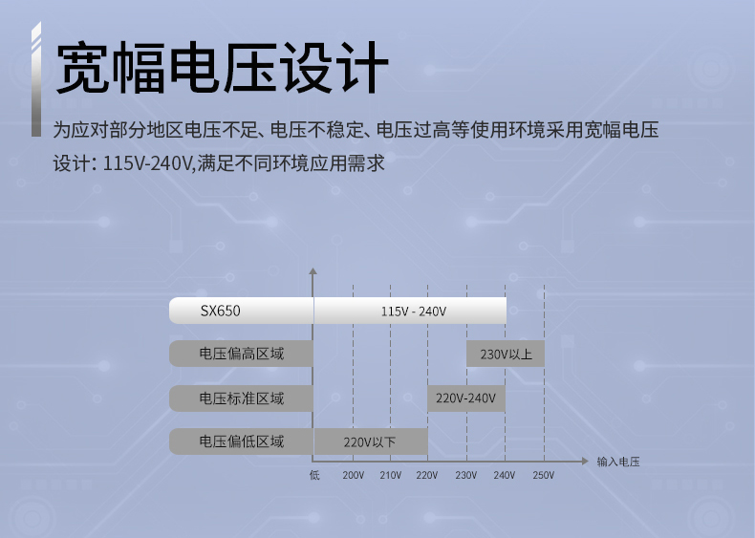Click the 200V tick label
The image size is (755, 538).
tap(353, 475)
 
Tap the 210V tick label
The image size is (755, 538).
tap(390, 475)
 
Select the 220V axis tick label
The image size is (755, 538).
tap(426, 475)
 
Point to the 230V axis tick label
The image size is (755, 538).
tap(465, 475)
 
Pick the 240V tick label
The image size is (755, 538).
tap(505, 475)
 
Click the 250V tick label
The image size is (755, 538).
tap(543, 475)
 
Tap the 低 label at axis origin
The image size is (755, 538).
tap(314, 475)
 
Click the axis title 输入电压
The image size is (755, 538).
tap(618, 462)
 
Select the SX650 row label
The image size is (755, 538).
tap(220, 311)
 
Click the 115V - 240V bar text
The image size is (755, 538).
tap(414, 312)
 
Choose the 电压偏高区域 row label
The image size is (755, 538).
tap(242, 354)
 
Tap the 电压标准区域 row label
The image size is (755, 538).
tap(242, 398)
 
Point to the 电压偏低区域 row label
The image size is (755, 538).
tap(242, 441)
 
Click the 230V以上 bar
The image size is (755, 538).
tap(506, 354)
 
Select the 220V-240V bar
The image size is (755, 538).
tap(466, 398)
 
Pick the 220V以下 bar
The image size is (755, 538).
tap(371, 441)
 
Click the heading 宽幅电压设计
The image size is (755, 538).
tap(223, 68)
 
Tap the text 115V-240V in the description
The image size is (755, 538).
tap(148, 163)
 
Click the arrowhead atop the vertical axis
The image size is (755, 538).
tap(313, 271)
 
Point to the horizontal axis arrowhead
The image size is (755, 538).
tap(585, 462)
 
